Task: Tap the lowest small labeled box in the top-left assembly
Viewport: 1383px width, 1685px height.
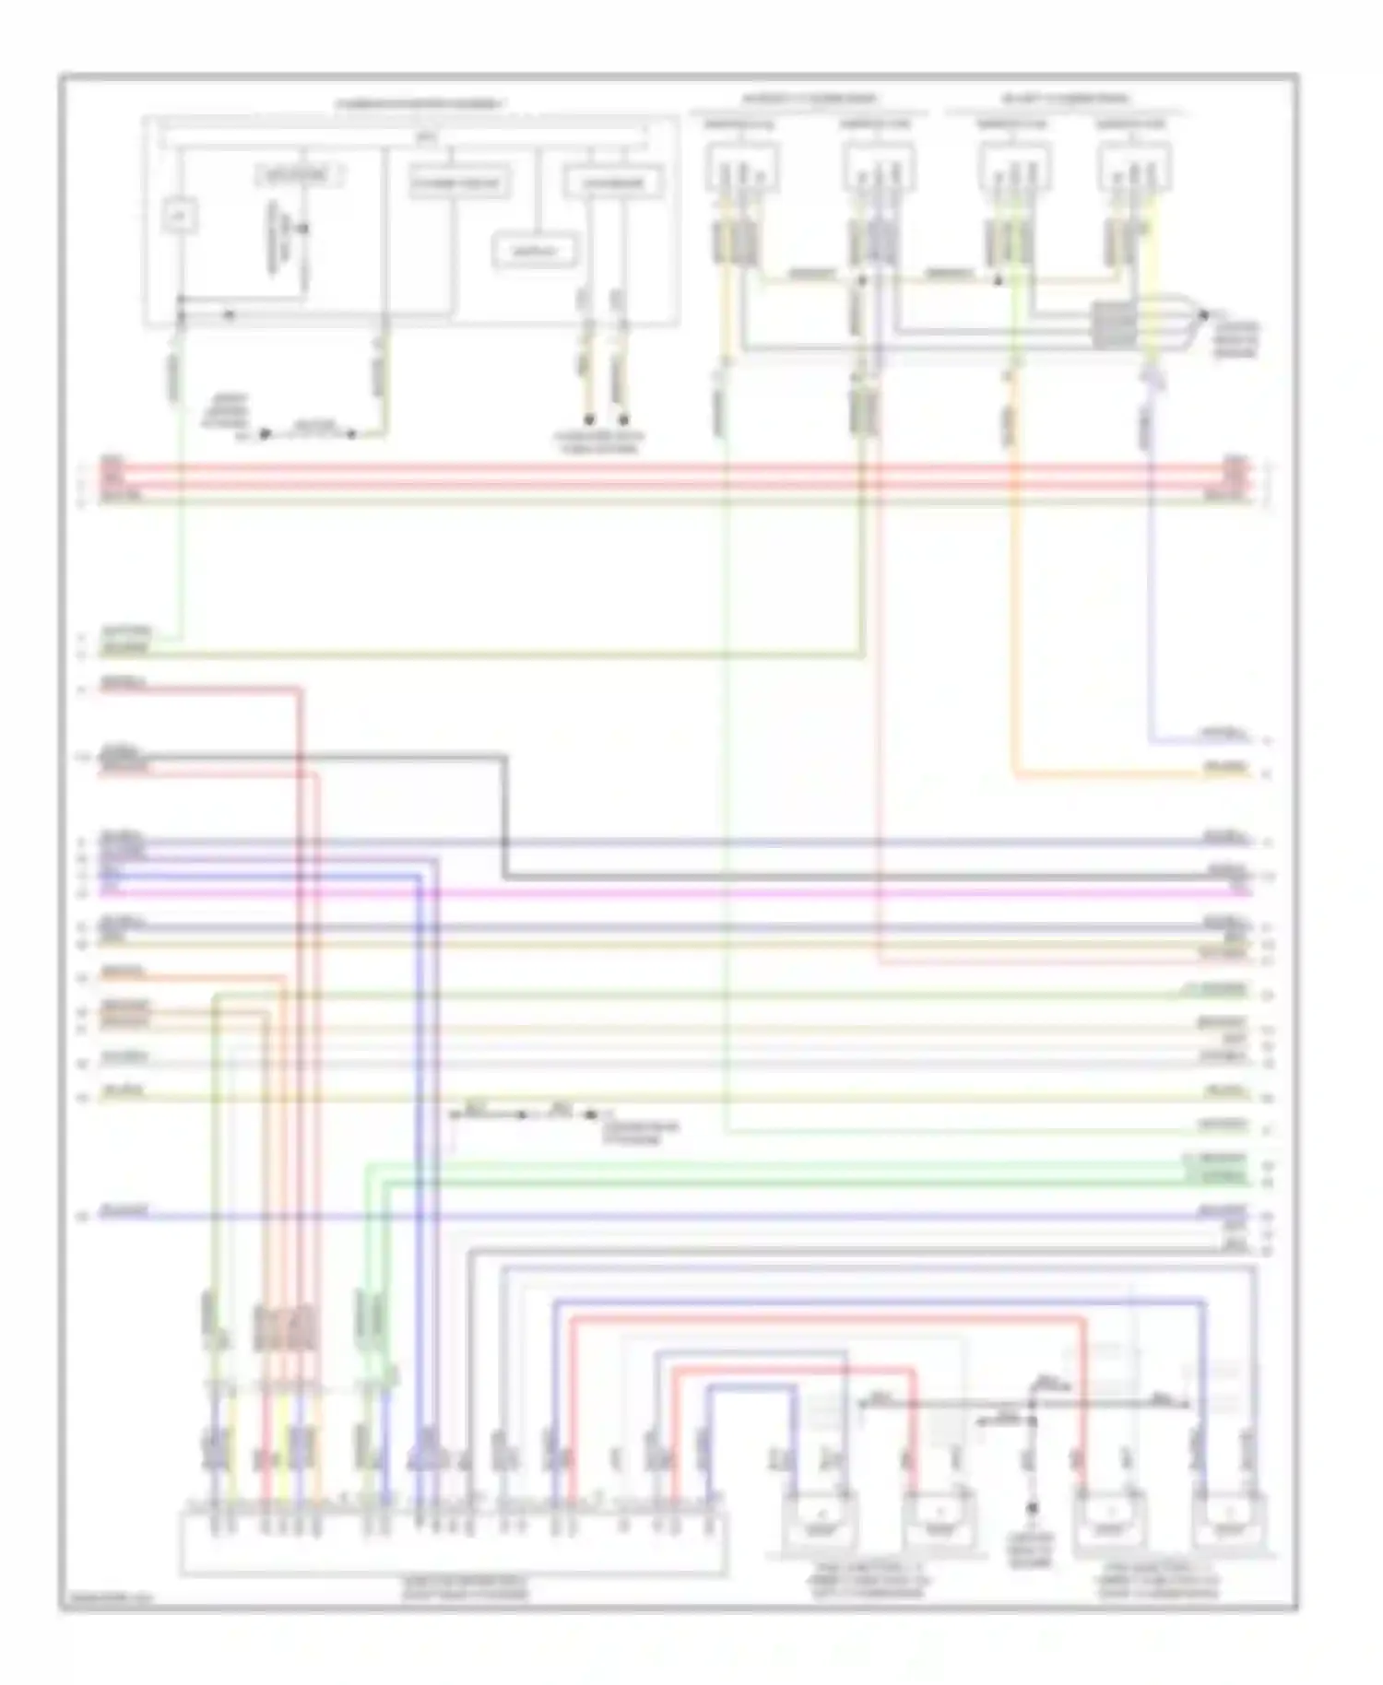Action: click(x=536, y=252)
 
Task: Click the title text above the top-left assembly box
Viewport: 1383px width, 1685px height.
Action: click(x=420, y=104)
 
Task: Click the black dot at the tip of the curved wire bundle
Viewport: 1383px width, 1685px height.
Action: click(x=1203, y=315)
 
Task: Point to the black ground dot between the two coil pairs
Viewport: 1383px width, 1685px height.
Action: click(x=1033, y=1509)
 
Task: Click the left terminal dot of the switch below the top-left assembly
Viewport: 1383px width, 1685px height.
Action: click(x=265, y=433)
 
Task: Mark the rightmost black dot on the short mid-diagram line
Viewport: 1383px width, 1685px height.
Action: click(x=591, y=1114)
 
